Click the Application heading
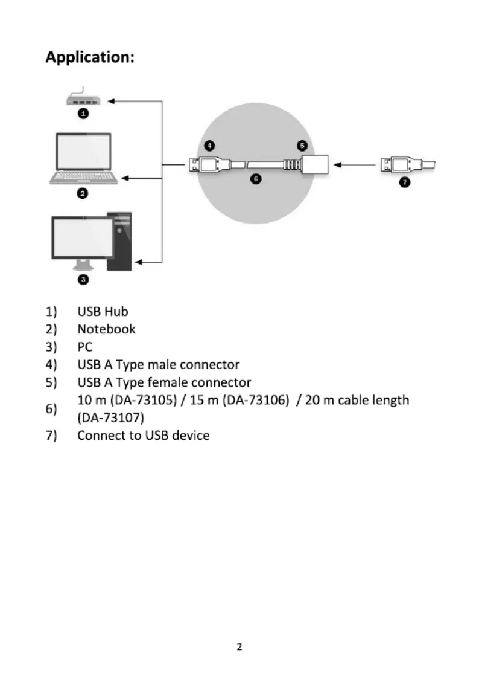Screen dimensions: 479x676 tap(90, 57)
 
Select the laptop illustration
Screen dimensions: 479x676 tap(83, 159)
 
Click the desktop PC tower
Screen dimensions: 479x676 tap(119, 242)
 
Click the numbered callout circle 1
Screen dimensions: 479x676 tap(83, 114)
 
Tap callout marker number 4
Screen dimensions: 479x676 tap(209, 146)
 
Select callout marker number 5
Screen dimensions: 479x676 tap(302, 146)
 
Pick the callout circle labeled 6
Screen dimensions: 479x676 tap(256, 178)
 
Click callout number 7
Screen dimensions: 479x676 tap(405, 182)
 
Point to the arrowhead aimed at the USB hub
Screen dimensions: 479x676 tap(111, 101)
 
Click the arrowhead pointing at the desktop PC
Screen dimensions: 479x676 tap(139, 262)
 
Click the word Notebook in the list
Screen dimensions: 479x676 tap(106, 329)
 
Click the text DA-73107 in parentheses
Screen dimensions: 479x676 tap(110, 418)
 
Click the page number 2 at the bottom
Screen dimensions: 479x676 tap(239, 646)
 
